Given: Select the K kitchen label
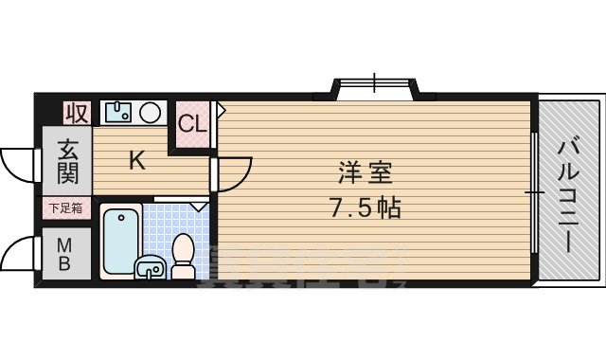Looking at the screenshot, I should point(137,161).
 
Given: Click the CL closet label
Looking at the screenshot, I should point(192,123).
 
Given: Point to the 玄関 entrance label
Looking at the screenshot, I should point(66,161).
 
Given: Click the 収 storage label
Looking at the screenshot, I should point(77,113).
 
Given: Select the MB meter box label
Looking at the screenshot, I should point(65,253).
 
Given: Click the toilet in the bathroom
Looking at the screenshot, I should point(182,256).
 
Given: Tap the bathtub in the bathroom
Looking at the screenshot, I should point(120,241).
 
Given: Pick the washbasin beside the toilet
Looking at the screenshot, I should point(150,267).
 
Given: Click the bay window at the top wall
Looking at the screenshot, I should point(373,87).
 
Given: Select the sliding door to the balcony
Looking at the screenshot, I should point(536,192).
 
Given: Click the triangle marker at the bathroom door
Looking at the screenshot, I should point(199,206).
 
